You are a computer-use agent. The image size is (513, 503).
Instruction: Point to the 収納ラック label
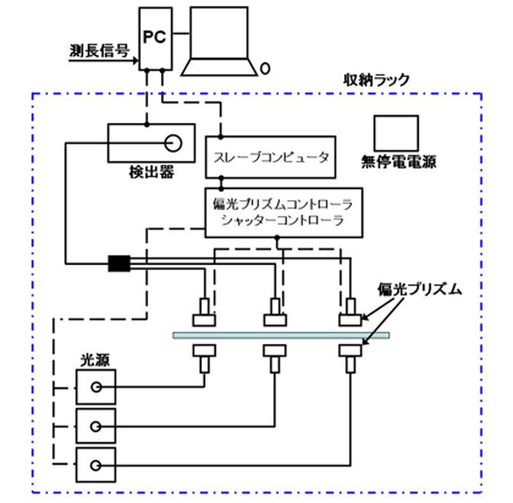tap(376, 81)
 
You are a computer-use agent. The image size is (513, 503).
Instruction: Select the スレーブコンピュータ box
tap(270, 157)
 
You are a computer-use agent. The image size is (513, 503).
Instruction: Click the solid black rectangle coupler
tap(119, 263)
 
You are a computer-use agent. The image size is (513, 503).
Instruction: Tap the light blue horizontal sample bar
tap(281, 335)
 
